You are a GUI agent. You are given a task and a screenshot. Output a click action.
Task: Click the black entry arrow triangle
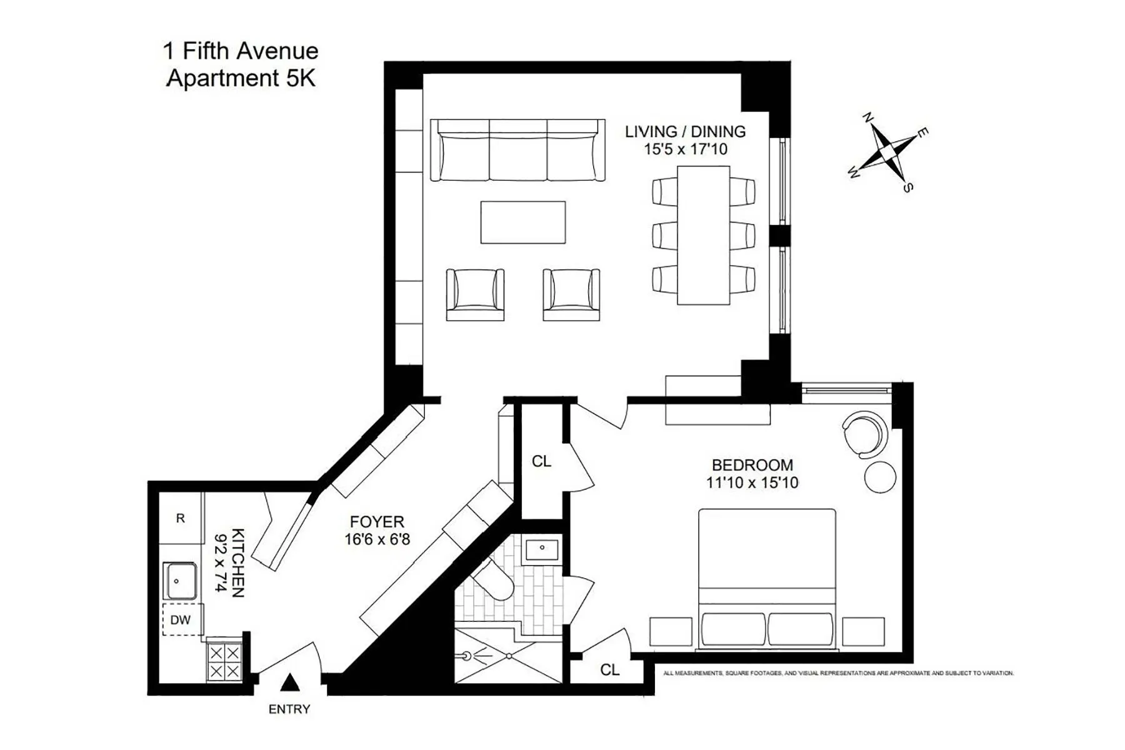tap(289, 682)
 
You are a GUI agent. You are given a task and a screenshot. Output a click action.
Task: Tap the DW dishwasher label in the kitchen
tap(180, 620)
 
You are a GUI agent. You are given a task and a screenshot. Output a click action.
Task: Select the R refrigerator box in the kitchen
tap(181, 518)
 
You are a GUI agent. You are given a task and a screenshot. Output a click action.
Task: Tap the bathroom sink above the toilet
tap(542, 549)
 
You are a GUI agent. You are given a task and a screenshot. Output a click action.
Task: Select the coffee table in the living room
tap(523, 222)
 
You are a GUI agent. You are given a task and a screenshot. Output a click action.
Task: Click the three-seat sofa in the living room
tap(517, 150)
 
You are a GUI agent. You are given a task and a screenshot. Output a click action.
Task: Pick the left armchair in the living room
tap(475, 294)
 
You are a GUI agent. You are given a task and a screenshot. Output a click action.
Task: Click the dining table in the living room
tap(704, 235)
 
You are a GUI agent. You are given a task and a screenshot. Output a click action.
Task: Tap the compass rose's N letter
tap(867, 117)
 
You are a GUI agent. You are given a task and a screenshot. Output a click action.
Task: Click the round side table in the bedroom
tap(880, 477)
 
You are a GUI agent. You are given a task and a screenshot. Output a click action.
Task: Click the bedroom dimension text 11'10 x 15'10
tap(752, 483)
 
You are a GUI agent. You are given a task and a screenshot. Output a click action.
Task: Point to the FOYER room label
tap(377, 522)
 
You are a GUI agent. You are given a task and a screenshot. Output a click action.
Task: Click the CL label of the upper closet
tap(541, 461)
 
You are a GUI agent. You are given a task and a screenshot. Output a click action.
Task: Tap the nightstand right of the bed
tap(863, 631)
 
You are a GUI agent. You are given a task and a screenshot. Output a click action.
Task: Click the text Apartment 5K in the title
tap(241, 79)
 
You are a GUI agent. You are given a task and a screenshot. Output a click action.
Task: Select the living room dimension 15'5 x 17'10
tap(686, 149)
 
